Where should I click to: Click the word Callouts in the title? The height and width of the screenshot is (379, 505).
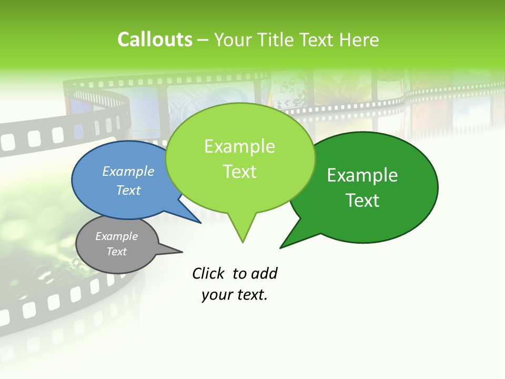coord(155,39)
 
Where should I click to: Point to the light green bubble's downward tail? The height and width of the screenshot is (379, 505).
coord(243,232)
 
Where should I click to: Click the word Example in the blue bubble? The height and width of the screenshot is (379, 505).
coord(128,171)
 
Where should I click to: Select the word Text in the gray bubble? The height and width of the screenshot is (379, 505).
coord(117,252)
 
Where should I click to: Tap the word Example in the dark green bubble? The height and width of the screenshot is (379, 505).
coord(362,175)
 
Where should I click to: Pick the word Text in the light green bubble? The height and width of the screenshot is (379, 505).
coord(240,172)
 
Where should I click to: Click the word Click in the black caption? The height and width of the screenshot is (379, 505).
coord(208,273)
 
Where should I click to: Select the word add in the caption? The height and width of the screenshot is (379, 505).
coord(264,273)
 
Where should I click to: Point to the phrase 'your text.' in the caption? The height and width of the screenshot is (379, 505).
coord(235,295)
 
